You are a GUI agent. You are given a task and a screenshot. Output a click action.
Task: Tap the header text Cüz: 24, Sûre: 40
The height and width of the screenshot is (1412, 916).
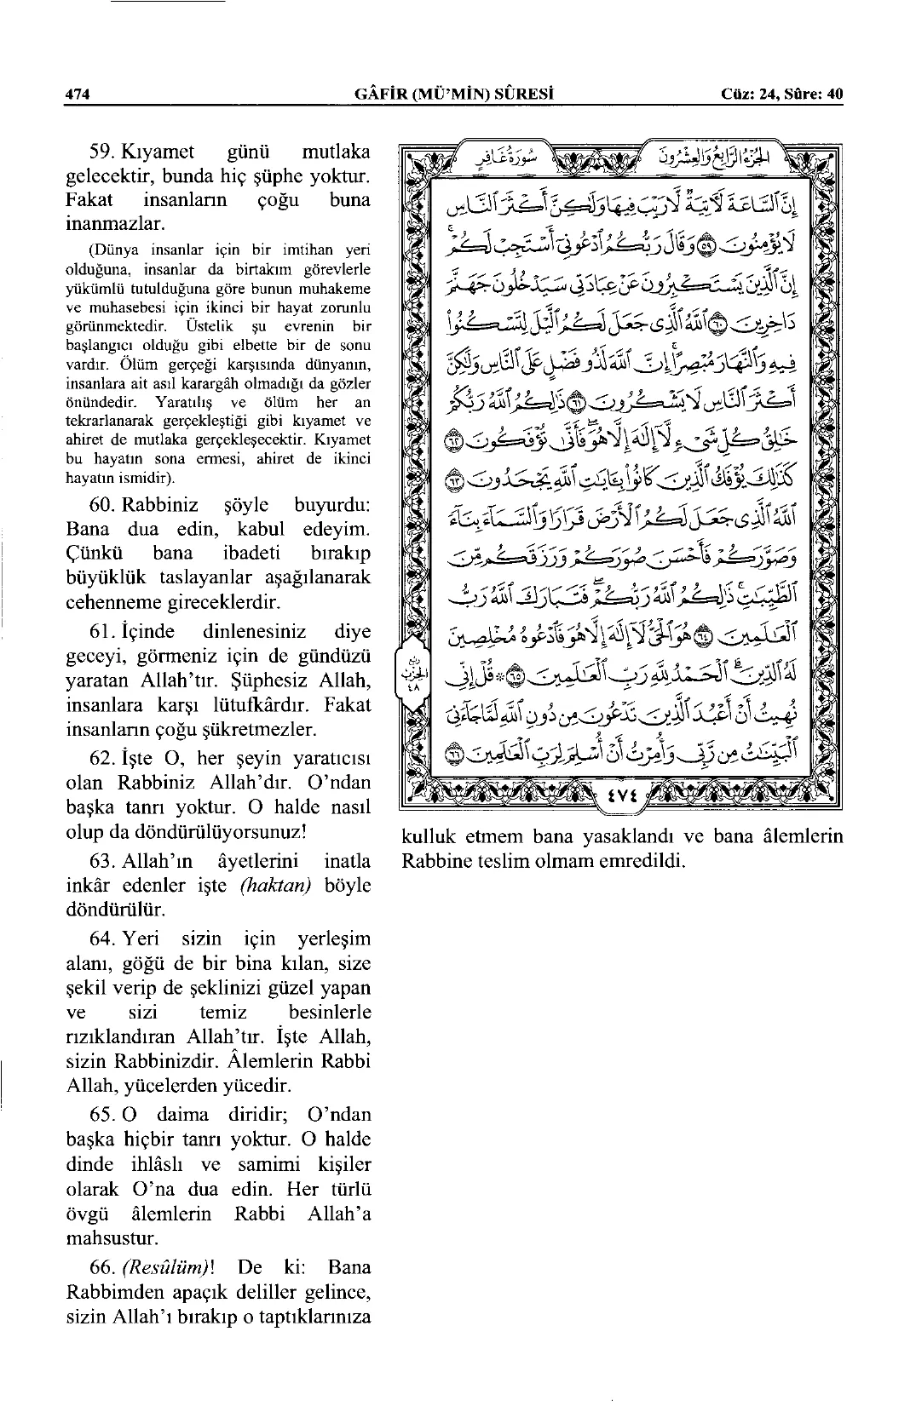coord(781,95)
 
